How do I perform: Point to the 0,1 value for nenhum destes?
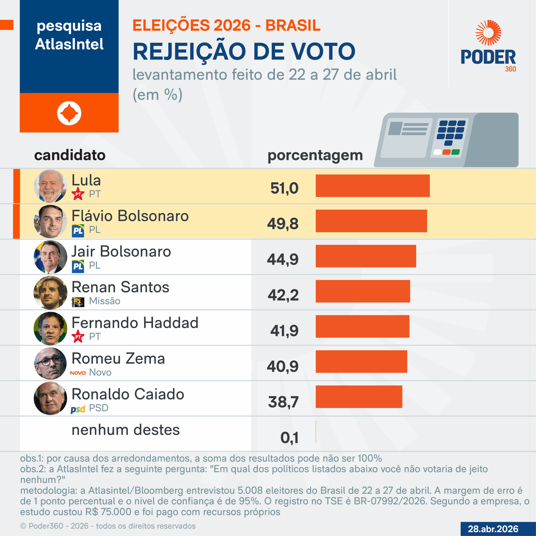289,438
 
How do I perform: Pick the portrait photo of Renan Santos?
50,292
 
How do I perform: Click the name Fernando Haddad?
135,323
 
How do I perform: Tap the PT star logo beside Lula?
78,194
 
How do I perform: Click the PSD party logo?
78,409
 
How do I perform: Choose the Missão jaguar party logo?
78,302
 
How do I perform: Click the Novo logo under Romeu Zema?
78,373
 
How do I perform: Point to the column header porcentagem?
315,155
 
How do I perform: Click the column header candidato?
70,155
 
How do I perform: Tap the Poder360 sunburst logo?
488,32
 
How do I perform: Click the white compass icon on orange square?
69,113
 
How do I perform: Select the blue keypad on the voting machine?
451,133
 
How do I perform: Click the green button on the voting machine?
455,152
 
